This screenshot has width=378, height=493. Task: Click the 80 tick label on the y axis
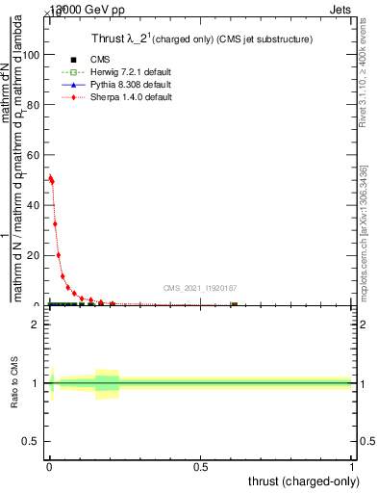point(32,105)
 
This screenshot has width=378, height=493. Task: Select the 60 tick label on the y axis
point(32,155)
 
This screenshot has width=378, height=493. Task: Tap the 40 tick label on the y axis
point(32,205)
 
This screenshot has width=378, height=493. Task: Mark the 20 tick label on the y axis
point(32,255)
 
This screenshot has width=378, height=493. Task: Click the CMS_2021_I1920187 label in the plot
point(201,287)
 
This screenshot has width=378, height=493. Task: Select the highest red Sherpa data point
point(50,177)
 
